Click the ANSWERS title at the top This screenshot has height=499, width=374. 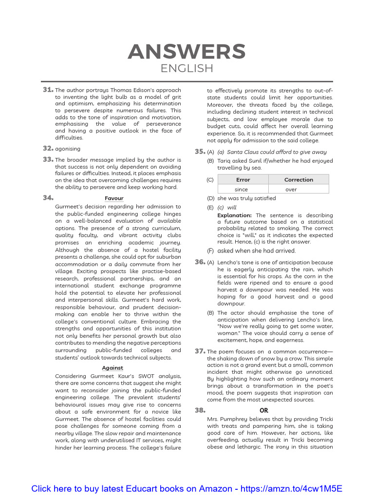(x=187, y=51)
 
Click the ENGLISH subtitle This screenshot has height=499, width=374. (x=187, y=69)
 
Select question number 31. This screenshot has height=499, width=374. (x=48, y=90)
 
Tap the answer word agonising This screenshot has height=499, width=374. (x=68, y=149)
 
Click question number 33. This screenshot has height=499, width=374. (x=48, y=159)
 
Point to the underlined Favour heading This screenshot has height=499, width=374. (x=114, y=198)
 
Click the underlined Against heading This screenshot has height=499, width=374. (x=112, y=368)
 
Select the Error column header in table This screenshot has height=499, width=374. (x=243, y=179)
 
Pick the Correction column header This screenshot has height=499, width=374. (x=299, y=179)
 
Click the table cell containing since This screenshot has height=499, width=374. (x=241, y=190)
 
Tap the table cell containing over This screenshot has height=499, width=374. (x=291, y=190)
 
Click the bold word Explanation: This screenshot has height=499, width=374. (x=234, y=215)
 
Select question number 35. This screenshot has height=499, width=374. (x=200, y=152)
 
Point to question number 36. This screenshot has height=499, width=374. (x=200, y=262)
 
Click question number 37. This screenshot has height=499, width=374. (x=200, y=351)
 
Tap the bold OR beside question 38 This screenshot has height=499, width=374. (x=263, y=410)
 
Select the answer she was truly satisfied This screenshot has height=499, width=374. (x=246, y=198)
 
